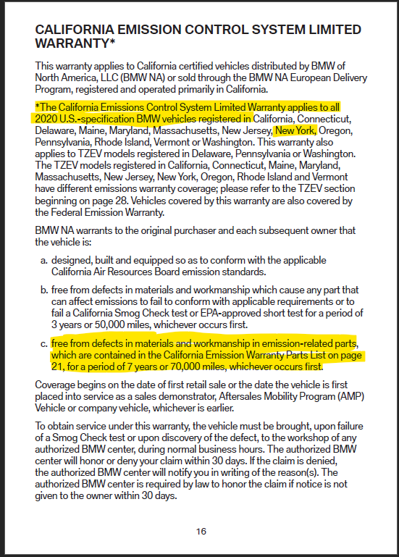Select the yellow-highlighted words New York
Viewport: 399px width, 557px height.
(295, 130)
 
